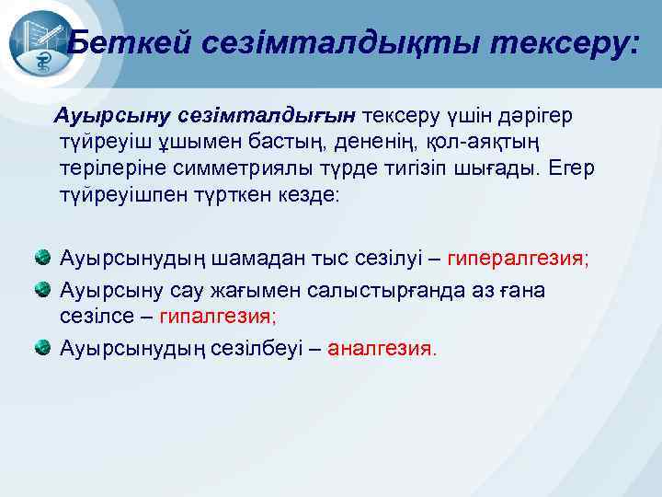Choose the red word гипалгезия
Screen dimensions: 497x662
coord(217,316)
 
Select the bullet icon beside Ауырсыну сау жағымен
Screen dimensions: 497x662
coord(44,290)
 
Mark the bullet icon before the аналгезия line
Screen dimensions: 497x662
coord(44,348)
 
